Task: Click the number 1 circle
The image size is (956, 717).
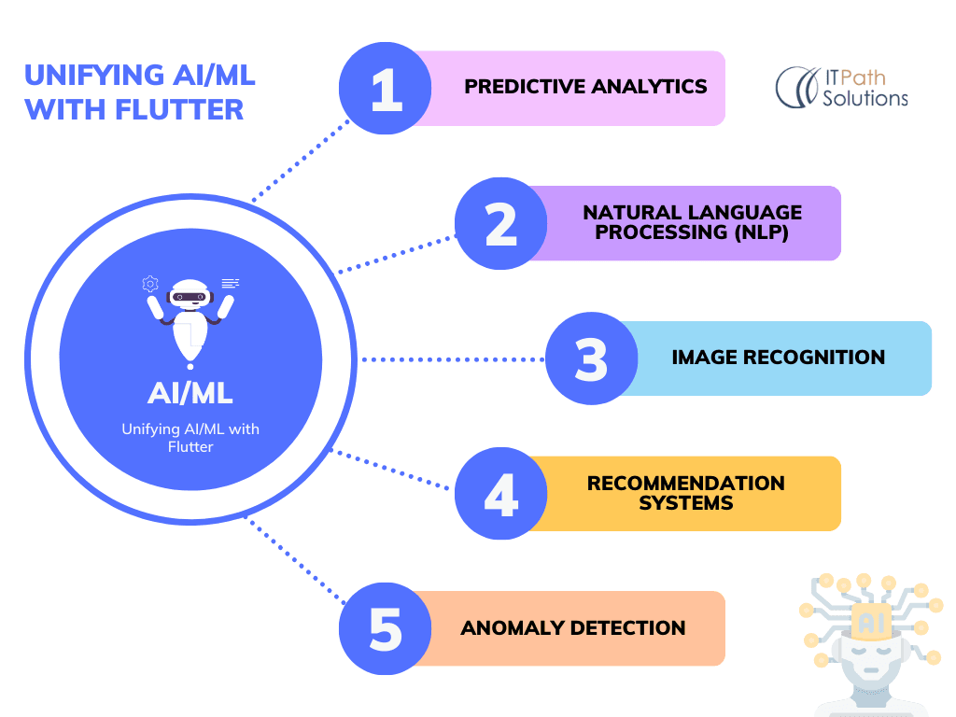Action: point(385,89)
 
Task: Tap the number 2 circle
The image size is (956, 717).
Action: point(500,224)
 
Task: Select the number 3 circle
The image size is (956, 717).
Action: point(591,359)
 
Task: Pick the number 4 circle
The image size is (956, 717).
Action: point(500,494)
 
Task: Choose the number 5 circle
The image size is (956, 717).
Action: point(385,628)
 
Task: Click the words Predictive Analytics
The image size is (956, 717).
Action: point(585,87)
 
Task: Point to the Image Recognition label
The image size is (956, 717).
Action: point(778,357)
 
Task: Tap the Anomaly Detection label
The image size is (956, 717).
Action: point(572,627)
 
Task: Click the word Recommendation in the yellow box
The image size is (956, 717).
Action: point(685,484)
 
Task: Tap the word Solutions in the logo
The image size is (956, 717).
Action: point(865,98)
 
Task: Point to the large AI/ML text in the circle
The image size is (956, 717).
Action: point(191,392)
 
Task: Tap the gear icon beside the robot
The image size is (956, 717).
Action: point(150,283)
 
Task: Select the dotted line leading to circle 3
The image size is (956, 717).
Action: point(453,359)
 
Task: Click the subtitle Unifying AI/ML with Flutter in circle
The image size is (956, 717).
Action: point(191,438)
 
